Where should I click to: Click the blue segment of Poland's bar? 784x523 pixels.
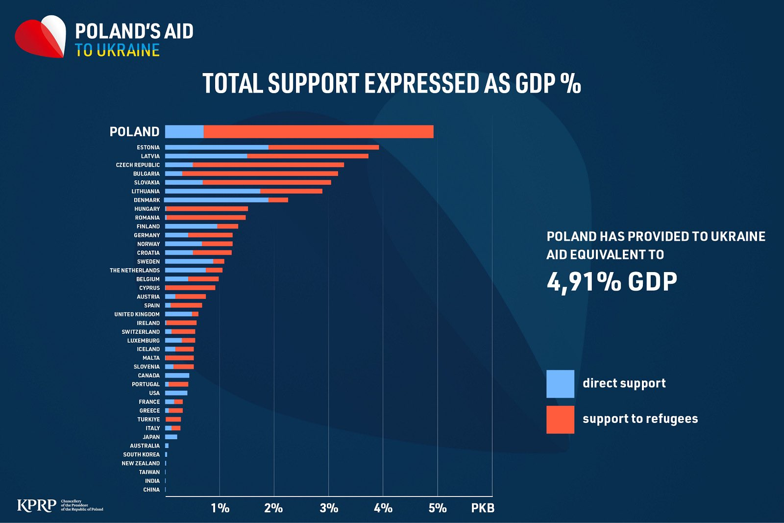click(184, 131)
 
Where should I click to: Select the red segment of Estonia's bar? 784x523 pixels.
click(323, 147)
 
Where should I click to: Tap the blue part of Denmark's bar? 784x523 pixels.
click(216, 200)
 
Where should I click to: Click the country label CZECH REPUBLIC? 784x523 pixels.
click(138, 165)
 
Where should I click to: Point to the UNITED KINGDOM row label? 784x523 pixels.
click(137, 314)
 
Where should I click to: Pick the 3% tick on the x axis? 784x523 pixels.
click(329, 508)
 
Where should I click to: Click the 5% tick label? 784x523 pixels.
click(437, 508)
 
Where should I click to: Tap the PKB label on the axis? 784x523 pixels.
click(483, 508)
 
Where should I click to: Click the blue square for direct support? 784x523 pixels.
click(560, 384)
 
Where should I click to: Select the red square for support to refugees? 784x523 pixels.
click(560, 420)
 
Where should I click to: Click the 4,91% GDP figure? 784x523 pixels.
click(612, 282)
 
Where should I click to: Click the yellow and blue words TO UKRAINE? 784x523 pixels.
click(118, 50)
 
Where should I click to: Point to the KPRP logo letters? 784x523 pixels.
click(36, 505)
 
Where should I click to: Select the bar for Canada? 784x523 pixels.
click(177, 375)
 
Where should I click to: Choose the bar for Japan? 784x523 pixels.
click(171, 437)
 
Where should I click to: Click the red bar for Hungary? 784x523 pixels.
click(207, 209)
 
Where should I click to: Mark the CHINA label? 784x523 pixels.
click(151, 490)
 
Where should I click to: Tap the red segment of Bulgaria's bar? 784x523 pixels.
click(260, 174)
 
